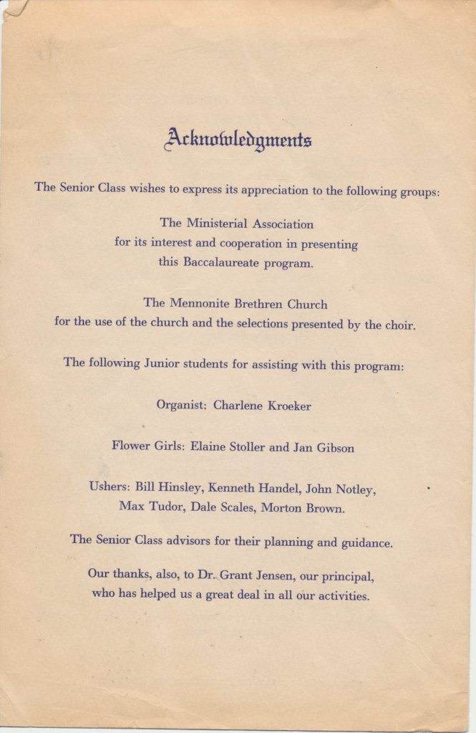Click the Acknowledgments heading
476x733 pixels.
point(238,138)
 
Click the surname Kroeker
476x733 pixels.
point(289,406)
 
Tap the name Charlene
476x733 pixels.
point(238,406)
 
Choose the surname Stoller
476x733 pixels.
point(247,447)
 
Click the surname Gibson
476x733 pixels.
point(334,448)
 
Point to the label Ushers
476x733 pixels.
point(109,487)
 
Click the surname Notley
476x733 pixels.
point(352,490)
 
